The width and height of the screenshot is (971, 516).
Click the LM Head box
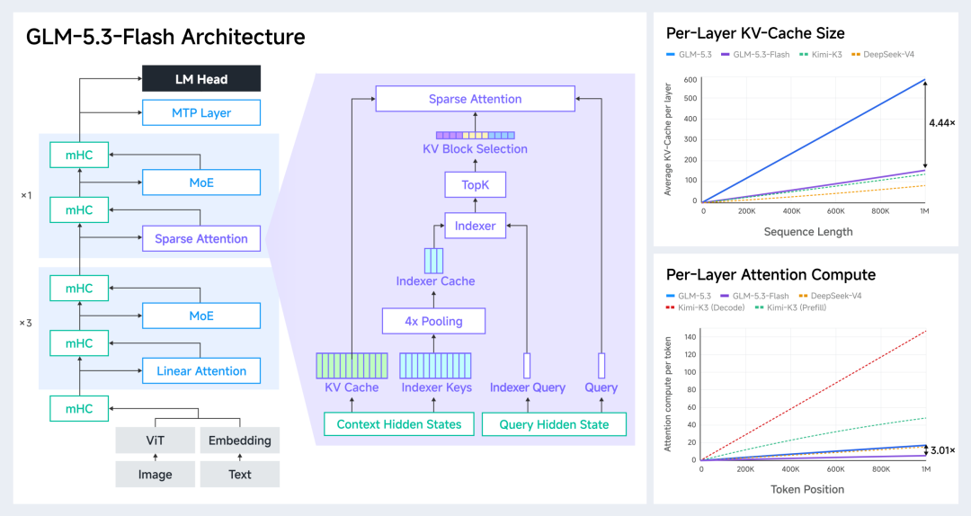click(x=201, y=79)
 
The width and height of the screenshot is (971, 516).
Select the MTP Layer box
click(x=201, y=112)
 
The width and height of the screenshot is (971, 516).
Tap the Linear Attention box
click(x=201, y=370)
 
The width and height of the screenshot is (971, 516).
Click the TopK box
click(x=475, y=184)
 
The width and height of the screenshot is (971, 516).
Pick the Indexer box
click(x=475, y=227)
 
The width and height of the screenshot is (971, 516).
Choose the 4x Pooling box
click(x=433, y=321)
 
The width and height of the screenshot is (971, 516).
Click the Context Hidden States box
click(x=399, y=424)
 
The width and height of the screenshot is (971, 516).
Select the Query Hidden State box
click(x=554, y=424)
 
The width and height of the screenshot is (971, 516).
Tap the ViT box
click(x=155, y=440)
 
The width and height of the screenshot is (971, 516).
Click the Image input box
click(x=155, y=475)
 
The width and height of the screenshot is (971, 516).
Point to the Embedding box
click(x=240, y=440)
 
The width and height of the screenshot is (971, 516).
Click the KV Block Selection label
click(x=475, y=148)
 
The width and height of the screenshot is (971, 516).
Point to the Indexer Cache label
click(x=435, y=281)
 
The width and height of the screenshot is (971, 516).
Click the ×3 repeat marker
click(x=25, y=323)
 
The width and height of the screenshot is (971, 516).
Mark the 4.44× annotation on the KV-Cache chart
click(x=942, y=122)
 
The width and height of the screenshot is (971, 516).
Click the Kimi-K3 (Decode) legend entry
click(x=706, y=307)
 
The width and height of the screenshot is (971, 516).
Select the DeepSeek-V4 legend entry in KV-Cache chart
click(x=883, y=55)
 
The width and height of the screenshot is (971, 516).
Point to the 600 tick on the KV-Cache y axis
click(x=690, y=80)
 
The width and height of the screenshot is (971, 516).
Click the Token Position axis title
click(x=807, y=489)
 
